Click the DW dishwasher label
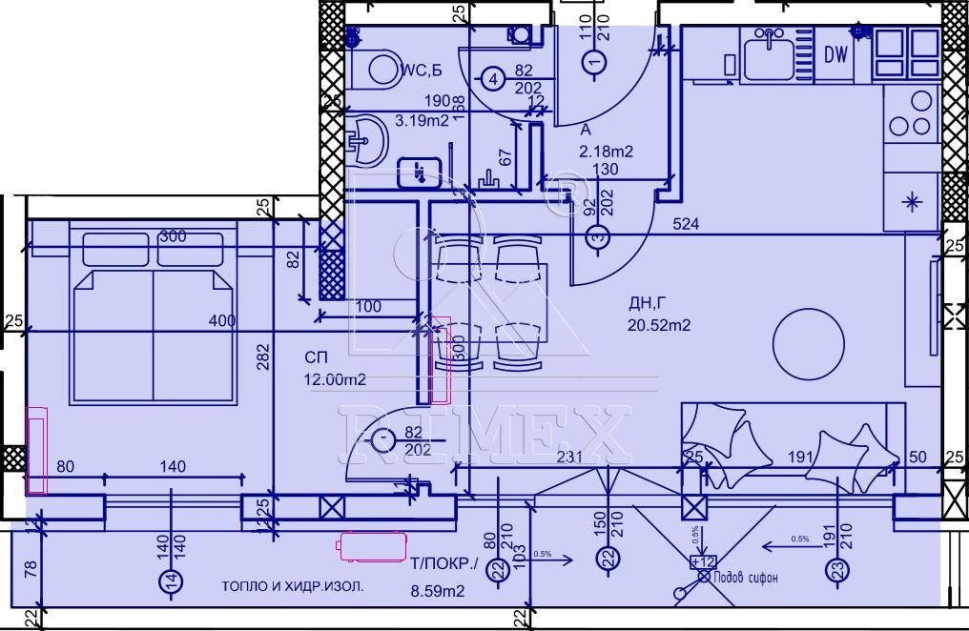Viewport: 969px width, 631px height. coord(836,55)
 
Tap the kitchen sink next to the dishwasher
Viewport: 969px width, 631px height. coord(768,55)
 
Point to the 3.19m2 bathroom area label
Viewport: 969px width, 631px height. coord(423,120)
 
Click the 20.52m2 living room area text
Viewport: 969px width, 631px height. coord(659,325)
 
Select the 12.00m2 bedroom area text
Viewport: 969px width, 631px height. coord(336,379)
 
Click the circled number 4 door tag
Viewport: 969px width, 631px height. coord(491,79)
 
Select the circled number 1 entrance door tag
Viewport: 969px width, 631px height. coord(595,63)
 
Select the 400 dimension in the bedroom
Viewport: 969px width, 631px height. coord(221,321)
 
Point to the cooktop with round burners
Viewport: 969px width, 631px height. coord(910,113)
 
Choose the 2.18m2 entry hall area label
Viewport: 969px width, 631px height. coord(607,151)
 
